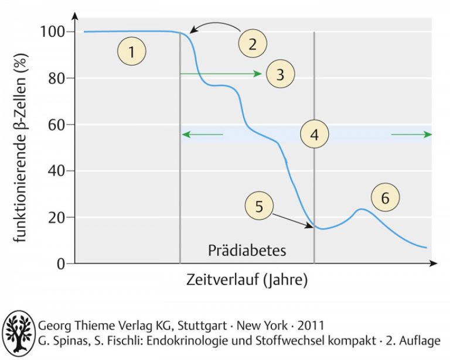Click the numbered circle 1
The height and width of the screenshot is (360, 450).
(x=132, y=52)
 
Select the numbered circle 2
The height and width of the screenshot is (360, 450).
(x=253, y=44)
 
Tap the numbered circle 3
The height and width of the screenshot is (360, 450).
(x=279, y=74)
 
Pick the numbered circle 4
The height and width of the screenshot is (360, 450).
(x=315, y=135)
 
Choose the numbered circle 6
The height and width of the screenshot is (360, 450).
(x=384, y=198)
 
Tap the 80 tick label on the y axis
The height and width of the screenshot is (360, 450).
(x=57, y=78)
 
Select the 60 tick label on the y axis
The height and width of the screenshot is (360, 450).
(x=57, y=125)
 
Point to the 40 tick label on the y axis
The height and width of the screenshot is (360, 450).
(x=57, y=171)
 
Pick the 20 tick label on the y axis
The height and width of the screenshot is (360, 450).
(x=57, y=218)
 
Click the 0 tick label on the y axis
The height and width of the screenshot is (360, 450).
(x=60, y=264)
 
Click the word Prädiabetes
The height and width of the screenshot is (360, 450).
(x=247, y=251)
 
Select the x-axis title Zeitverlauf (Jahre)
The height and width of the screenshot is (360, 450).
(x=247, y=280)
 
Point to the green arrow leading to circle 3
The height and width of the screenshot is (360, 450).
(x=220, y=74)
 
